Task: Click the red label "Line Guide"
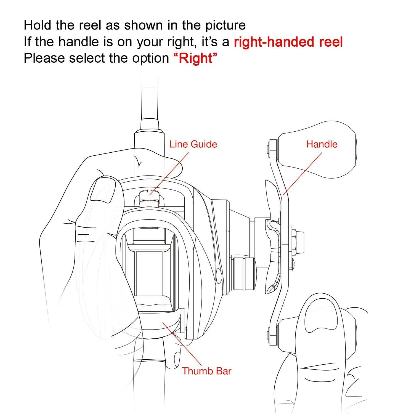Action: point(193,144)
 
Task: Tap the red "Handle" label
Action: point(322,144)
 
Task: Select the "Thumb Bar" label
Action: point(206,371)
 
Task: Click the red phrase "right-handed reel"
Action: point(288,42)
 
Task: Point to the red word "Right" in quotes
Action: point(196,58)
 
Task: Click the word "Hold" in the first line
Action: point(38,25)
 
